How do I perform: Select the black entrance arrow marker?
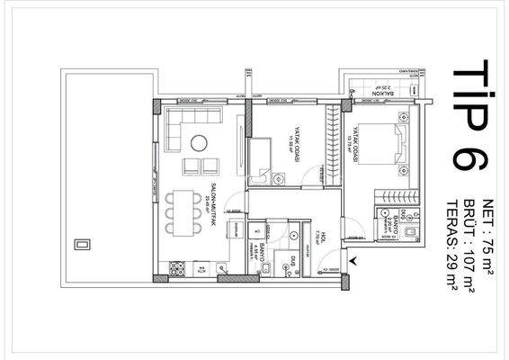click(x=353, y=262)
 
